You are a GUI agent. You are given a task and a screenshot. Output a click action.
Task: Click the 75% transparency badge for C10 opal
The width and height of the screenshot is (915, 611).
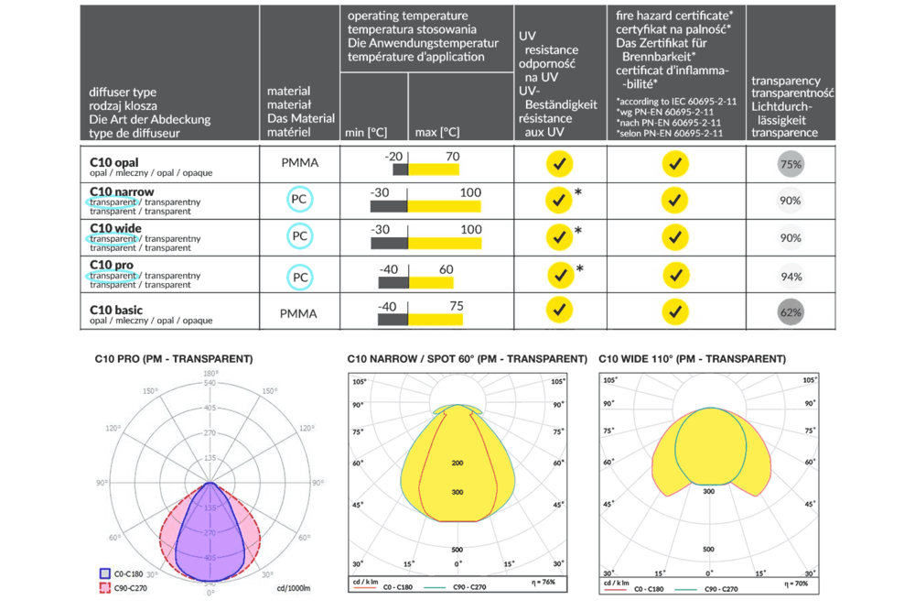click(791, 165)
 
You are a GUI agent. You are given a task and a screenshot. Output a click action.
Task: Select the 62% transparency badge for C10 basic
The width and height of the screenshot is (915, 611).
click(791, 312)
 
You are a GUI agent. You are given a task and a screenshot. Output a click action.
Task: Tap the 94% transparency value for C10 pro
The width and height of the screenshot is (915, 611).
click(791, 276)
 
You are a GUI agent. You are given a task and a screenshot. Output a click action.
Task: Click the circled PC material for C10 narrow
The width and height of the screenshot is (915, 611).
click(299, 198)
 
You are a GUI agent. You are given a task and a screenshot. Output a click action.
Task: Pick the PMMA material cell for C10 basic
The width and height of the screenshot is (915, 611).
click(299, 313)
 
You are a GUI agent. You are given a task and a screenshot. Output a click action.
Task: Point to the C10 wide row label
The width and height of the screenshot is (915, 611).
click(116, 228)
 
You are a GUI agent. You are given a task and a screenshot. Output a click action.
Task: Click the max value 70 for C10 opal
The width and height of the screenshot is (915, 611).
click(452, 157)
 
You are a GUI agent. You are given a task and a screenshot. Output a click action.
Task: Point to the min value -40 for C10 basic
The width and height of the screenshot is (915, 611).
click(389, 306)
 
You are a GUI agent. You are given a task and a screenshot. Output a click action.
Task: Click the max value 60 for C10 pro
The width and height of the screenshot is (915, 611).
click(447, 269)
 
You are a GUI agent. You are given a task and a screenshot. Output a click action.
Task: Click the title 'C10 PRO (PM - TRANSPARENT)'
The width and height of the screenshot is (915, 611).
click(173, 358)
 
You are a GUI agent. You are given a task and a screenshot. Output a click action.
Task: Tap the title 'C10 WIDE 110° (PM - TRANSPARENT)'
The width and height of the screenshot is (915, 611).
click(692, 358)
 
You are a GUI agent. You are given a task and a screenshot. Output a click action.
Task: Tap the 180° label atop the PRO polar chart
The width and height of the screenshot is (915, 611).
click(211, 374)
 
